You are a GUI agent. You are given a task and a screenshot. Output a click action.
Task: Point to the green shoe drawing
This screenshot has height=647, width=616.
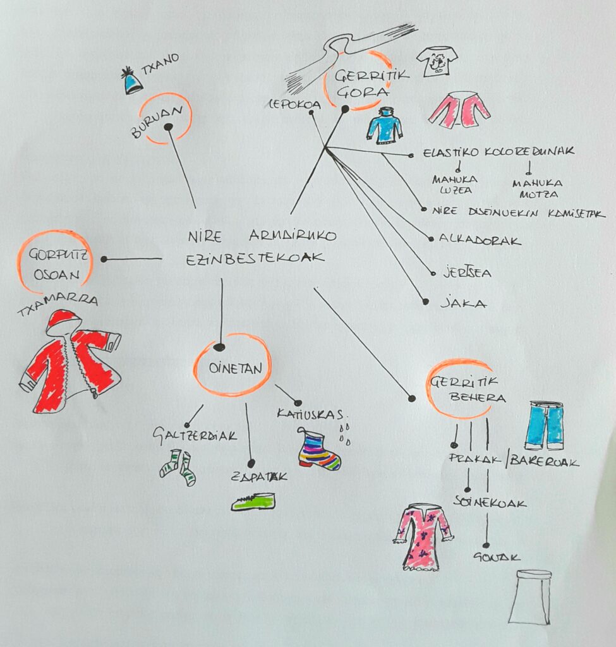(x=253, y=502)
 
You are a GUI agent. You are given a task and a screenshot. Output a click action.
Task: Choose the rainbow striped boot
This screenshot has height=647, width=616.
(x=318, y=450)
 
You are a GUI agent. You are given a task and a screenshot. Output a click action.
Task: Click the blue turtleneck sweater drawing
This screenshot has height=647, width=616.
(x=384, y=125)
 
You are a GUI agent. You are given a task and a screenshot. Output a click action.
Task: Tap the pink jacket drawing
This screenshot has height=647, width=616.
(x=459, y=109)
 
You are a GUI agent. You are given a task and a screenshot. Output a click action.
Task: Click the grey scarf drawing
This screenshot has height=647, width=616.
(x=341, y=54)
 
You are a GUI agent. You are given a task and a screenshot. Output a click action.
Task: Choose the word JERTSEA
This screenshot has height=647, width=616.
(x=468, y=273)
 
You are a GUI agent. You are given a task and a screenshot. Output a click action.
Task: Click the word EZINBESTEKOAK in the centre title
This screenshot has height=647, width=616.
(x=257, y=258)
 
